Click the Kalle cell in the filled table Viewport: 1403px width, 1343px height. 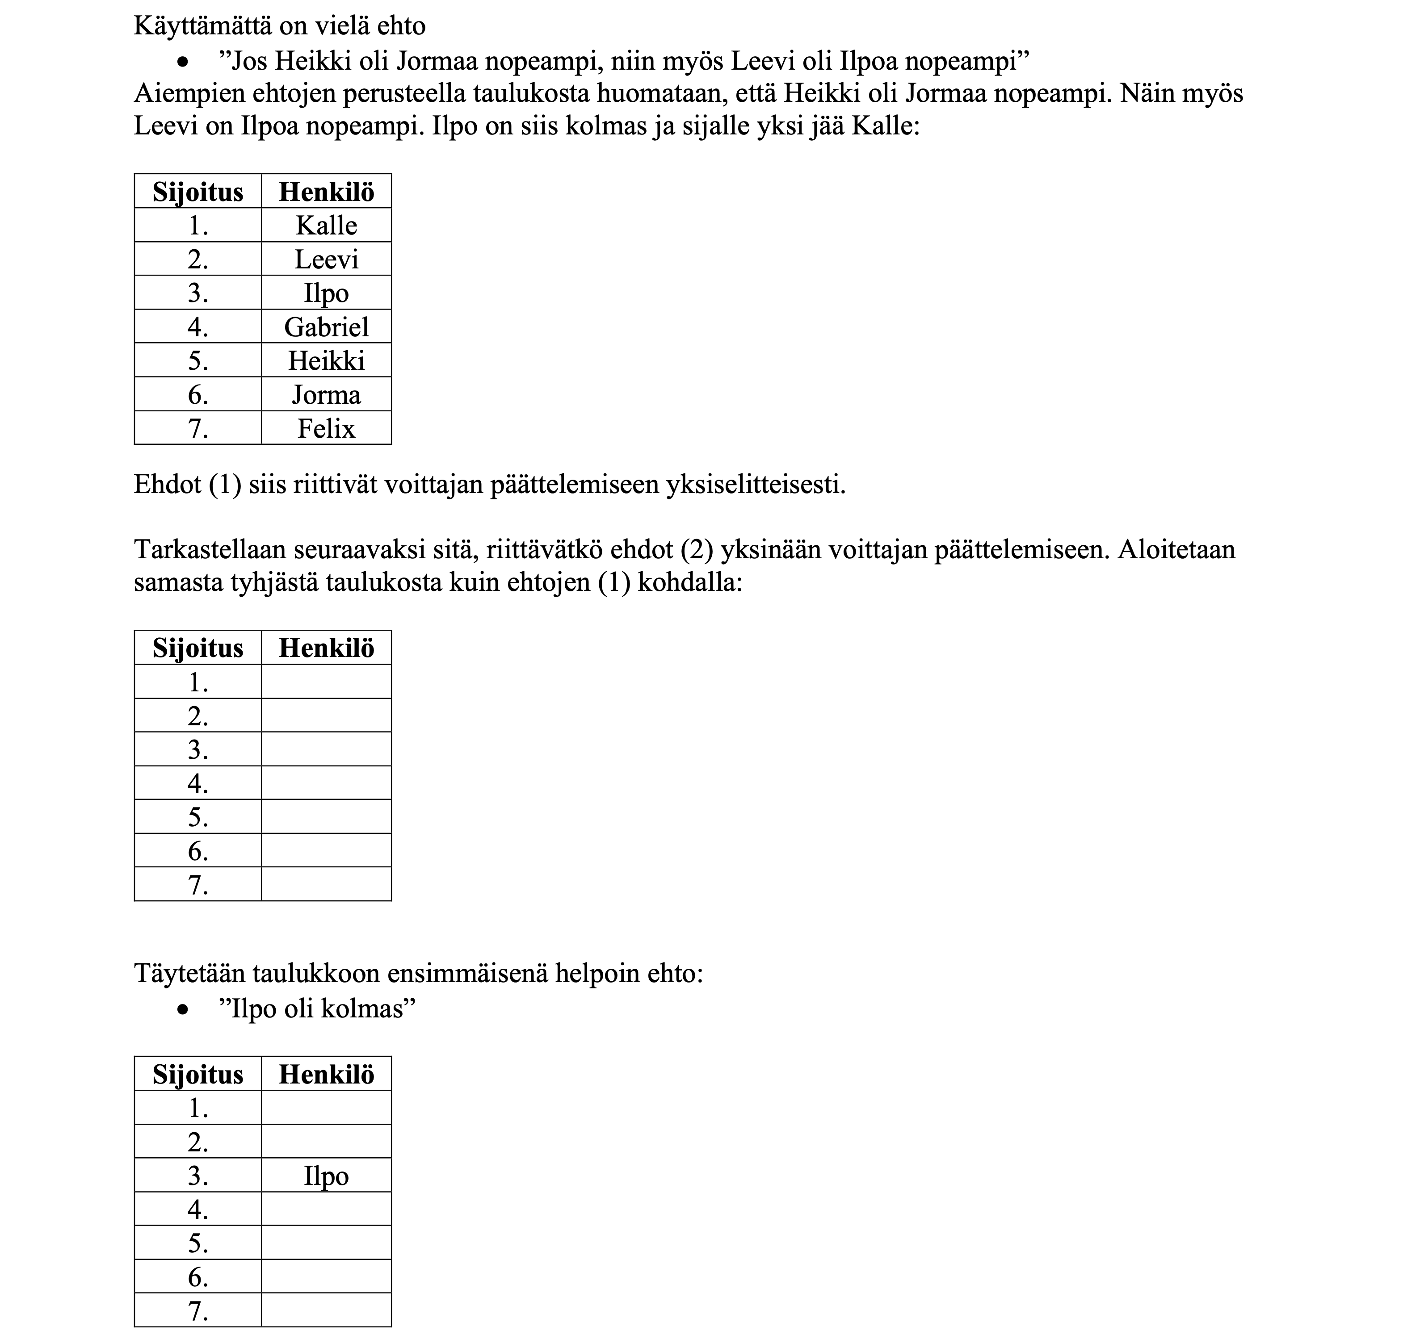click(x=327, y=226)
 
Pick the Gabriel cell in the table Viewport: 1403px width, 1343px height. click(x=327, y=327)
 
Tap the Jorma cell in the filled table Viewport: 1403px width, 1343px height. click(x=327, y=395)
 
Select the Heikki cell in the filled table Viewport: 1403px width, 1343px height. click(x=327, y=360)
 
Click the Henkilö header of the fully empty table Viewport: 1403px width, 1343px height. click(x=327, y=648)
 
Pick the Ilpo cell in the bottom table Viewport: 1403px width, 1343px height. click(x=327, y=1176)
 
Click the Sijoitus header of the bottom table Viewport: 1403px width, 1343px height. click(x=198, y=1075)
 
